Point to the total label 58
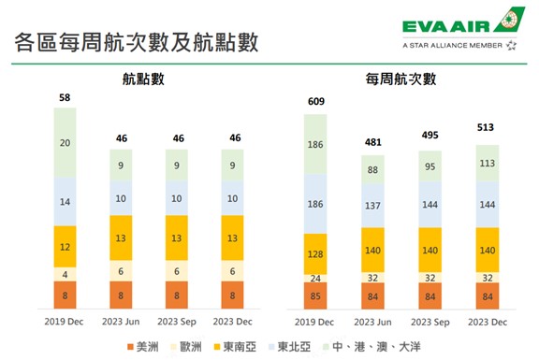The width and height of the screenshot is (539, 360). tap(65, 97)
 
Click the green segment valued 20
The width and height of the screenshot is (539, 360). tap(65, 143)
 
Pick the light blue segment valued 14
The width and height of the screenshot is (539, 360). tap(65, 202)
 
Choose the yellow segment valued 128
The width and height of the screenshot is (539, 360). tap(315, 255)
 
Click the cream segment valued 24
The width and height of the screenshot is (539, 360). tap(315, 278)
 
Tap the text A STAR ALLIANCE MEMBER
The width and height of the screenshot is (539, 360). tap(452, 44)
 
